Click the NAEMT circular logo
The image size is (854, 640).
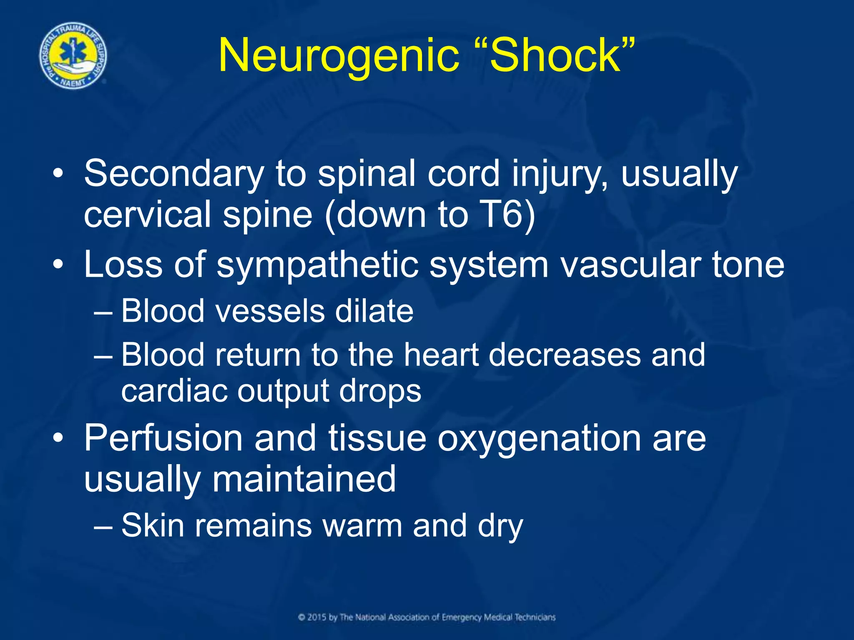[73, 55]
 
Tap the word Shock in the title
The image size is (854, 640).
[555, 55]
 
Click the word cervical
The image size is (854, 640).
[148, 215]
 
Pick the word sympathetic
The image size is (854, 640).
[317, 265]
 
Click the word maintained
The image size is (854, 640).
[304, 479]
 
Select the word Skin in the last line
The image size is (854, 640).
[153, 525]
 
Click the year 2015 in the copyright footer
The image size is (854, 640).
[317, 617]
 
